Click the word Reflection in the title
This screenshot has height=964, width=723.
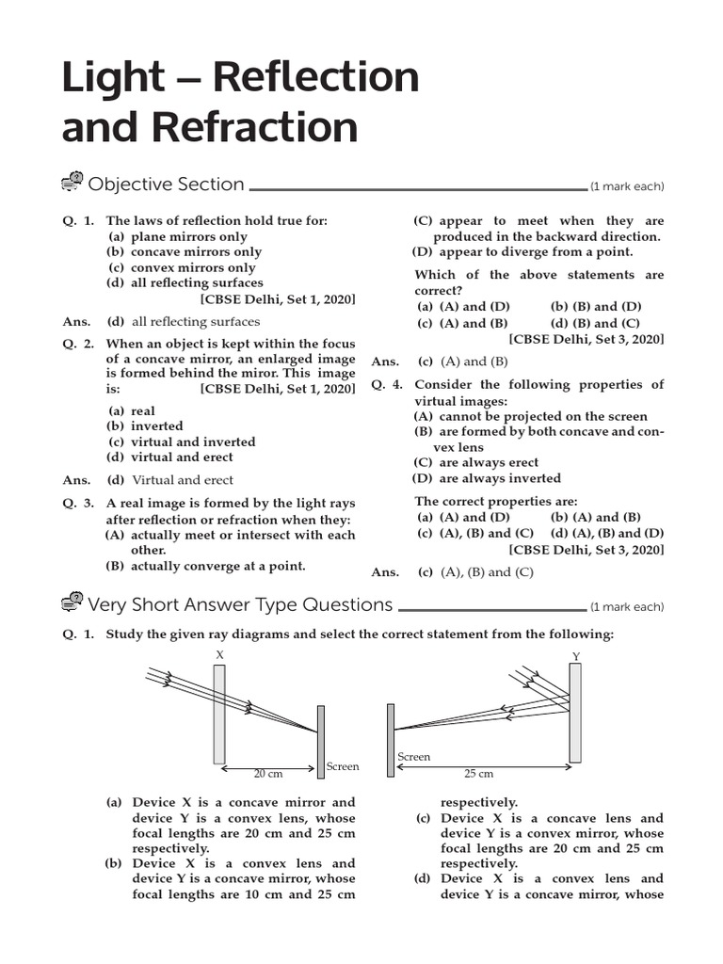[314, 77]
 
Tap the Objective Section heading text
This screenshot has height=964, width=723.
[166, 185]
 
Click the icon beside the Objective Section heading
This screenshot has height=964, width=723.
[72, 184]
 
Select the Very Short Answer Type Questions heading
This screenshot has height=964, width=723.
[239, 604]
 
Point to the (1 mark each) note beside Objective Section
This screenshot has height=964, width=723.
[627, 186]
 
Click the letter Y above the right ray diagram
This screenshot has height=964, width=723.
[576, 656]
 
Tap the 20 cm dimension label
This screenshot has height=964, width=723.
[268, 774]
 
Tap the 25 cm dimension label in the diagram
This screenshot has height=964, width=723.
[478, 774]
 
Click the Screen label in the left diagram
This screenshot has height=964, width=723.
[343, 766]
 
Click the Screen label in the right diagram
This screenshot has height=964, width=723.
[413, 757]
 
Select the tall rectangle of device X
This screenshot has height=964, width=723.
[219, 713]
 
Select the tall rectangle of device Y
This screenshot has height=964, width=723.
[575, 713]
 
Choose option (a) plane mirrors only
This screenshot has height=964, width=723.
[178, 236]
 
